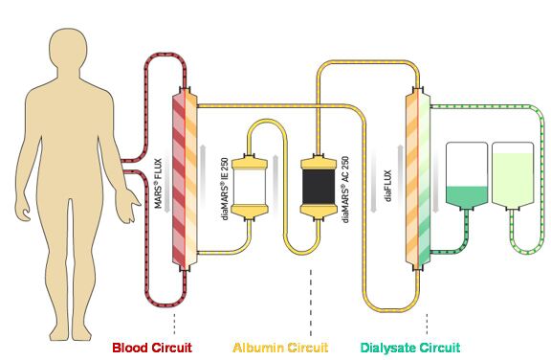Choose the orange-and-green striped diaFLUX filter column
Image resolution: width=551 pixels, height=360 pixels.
(418, 177)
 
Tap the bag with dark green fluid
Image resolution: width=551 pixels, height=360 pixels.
(466, 177)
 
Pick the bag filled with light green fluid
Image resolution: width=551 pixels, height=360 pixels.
(513, 177)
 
